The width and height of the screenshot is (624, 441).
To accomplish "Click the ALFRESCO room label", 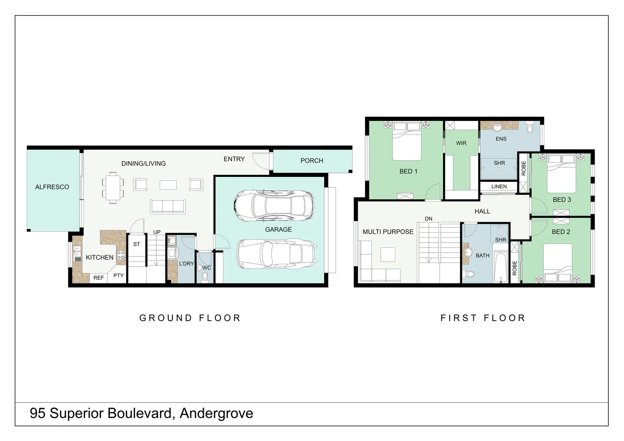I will pos(52,187).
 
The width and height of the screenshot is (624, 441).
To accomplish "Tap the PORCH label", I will pos(312,161).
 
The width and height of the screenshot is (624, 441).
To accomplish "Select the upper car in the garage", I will pos(274,206).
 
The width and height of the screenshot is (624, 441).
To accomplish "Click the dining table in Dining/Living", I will pos(113,188).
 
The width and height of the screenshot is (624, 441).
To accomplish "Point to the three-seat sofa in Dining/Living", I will pos(168,206).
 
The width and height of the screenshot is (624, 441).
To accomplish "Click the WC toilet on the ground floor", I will pos(205,277).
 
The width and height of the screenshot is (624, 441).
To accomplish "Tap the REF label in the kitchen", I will pos(98,278).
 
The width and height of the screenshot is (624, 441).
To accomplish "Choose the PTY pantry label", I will pos(118,276).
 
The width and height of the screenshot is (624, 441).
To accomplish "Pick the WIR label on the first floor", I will pos(461,143).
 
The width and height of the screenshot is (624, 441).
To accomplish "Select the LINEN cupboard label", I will pos(499,187).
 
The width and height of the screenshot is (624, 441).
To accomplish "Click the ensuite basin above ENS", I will pos(498,127).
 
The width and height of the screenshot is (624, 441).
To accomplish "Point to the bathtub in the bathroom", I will pos(501,267).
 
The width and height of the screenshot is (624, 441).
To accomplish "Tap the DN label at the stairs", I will pos(428,219).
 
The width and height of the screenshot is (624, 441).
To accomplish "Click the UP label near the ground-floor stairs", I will pos(157,232).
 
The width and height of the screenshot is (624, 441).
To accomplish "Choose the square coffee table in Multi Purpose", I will pos(388,254).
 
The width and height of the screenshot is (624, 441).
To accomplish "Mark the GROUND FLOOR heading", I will pos(190,318).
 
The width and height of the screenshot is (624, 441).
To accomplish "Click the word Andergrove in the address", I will pos(216,414).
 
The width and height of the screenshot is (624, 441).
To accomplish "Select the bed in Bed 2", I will pos(557,263).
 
